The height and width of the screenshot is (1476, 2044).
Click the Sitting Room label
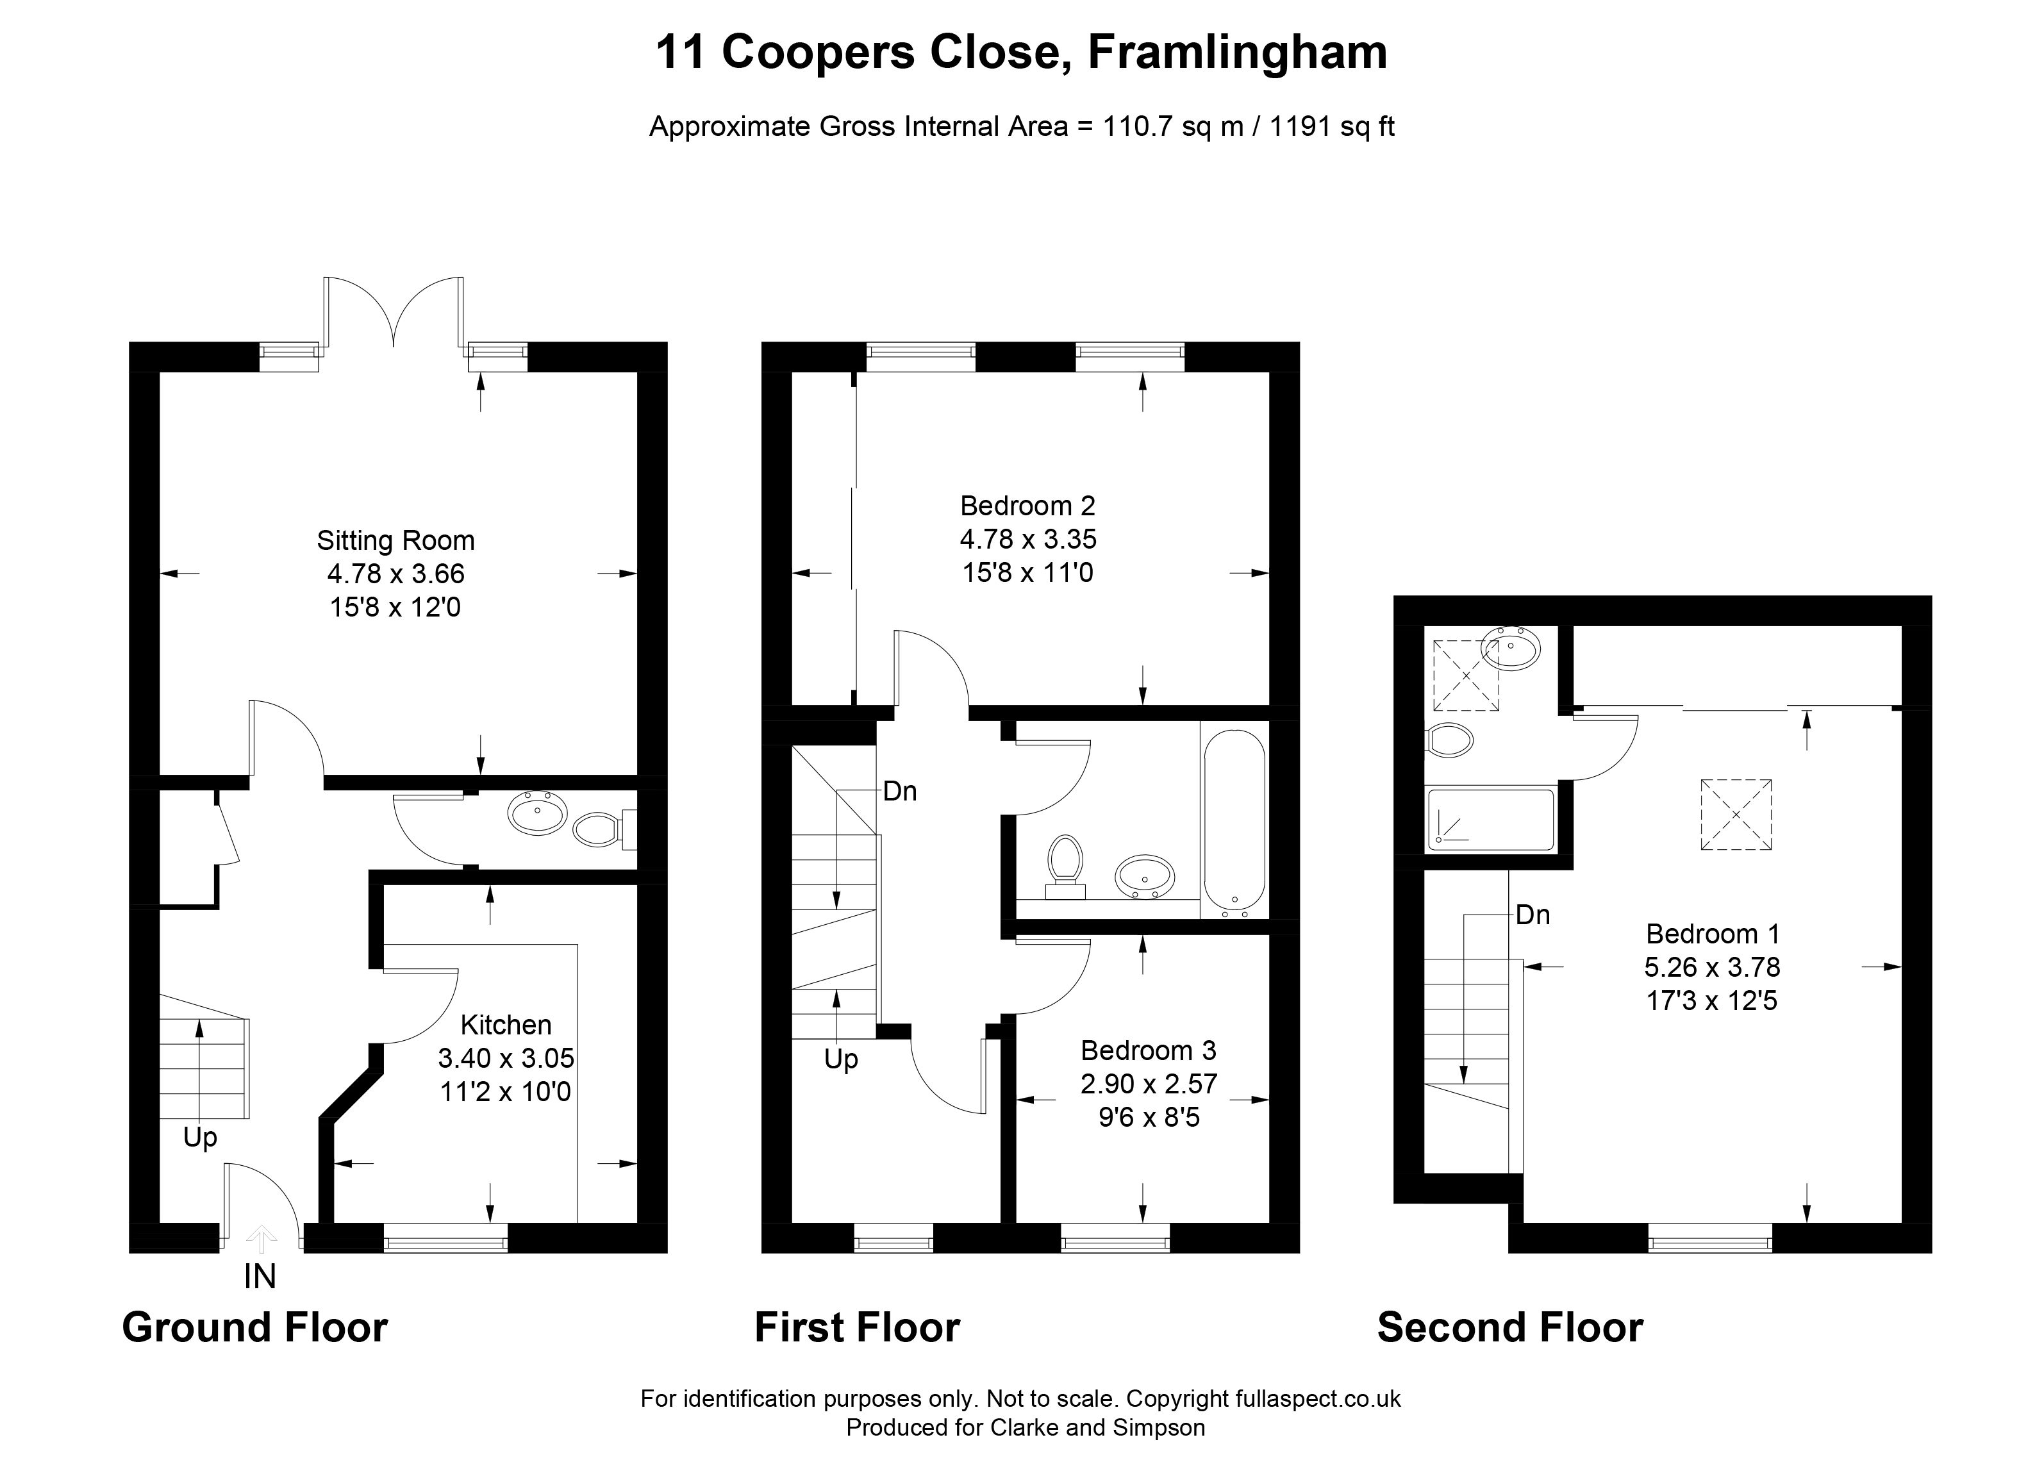pos(395,541)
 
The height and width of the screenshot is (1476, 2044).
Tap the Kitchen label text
pos(506,1025)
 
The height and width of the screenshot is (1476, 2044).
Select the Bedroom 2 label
pos(1027,506)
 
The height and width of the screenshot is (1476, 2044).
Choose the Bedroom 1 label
pos(1713,934)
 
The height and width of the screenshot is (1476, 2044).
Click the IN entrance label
pos(260,1277)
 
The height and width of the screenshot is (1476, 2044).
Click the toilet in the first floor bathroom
pos(1065,868)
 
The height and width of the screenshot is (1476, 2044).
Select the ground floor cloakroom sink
pos(537,814)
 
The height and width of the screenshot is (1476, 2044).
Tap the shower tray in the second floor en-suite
pos(1491,820)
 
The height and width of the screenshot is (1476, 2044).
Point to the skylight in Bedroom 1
pos(1736,815)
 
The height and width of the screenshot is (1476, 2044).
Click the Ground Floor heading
pos(255,1327)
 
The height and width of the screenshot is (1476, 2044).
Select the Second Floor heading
pos(1511,1327)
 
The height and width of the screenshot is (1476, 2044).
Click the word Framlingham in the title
pos(1238,53)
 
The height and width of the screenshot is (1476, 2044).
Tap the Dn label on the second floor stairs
pos(1533,915)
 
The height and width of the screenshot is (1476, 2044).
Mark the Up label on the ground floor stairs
pos(200,1138)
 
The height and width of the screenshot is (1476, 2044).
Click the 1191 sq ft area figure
pos(1332,127)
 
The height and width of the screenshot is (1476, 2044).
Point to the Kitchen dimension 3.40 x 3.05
pos(506,1058)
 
